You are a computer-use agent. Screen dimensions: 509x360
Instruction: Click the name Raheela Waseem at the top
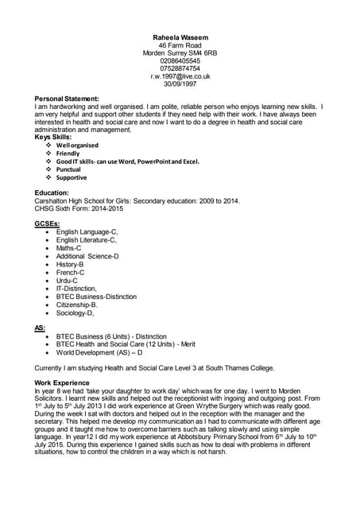click(x=180, y=37)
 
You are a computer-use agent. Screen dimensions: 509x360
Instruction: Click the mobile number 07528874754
click(x=180, y=69)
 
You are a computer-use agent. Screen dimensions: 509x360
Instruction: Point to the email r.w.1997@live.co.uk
click(x=180, y=77)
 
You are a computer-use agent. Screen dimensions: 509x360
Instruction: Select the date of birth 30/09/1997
click(x=180, y=85)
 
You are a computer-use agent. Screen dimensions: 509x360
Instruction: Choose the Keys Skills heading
click(x=53, y=138)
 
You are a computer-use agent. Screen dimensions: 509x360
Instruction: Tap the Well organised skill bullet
click(x=77, y=146)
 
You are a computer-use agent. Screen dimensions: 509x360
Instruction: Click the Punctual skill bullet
click(x=68, y=169)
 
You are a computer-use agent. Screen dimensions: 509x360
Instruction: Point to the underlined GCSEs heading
click(x=48, y=224)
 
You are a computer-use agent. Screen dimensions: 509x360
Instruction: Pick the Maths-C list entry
click(x=68, y=248)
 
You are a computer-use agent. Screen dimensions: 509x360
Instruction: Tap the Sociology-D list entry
click(x=75, y=313)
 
